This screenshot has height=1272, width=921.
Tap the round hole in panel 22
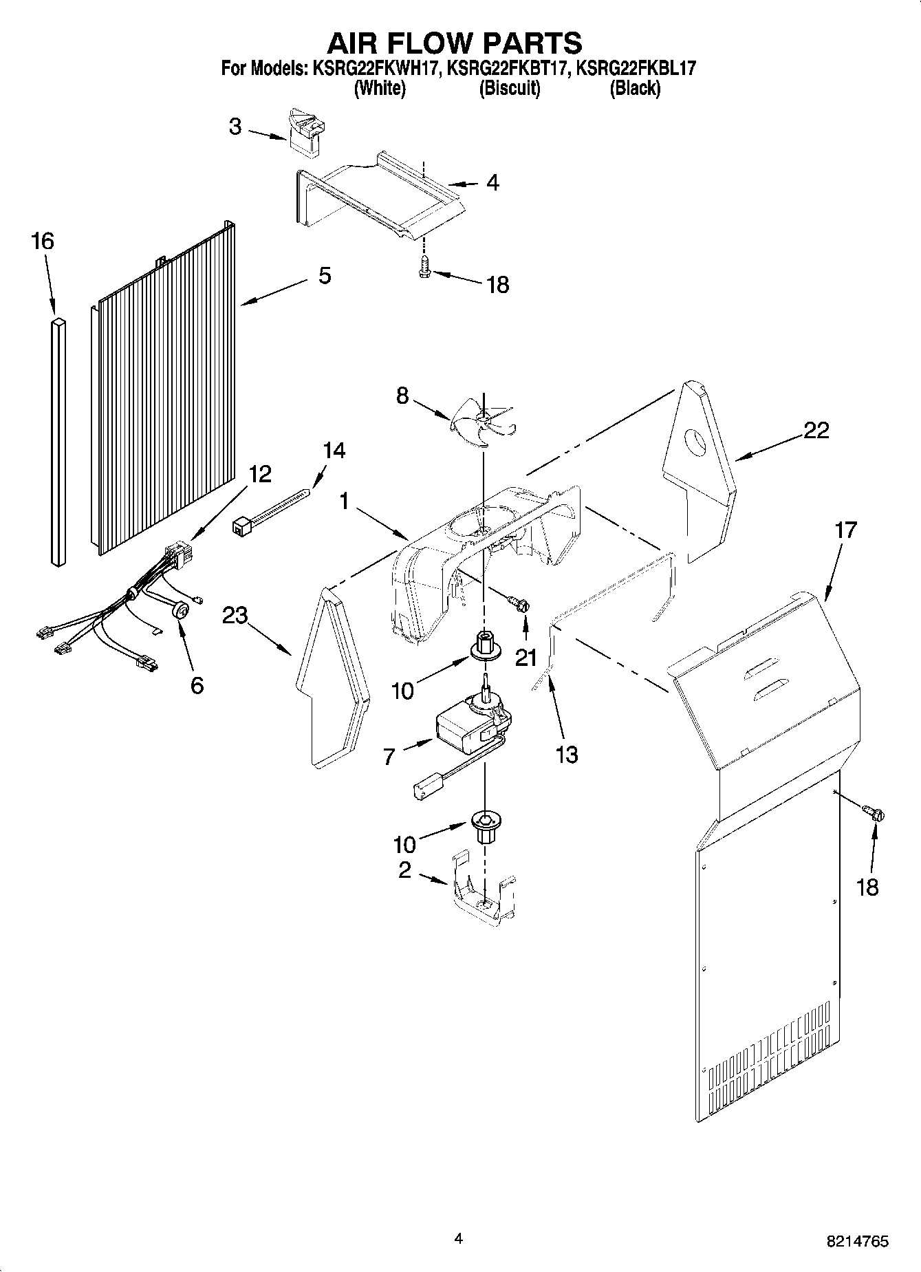tap(696, 441)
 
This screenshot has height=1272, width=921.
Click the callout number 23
tap(235, 615)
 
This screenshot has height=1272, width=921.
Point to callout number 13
tap(567, 755)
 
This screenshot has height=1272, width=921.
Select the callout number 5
tap(325, 276)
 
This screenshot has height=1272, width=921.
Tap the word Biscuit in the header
tap(509, 89)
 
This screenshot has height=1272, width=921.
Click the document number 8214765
tap(858, 1242)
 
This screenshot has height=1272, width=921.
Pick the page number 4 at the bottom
tap(459, 1238)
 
